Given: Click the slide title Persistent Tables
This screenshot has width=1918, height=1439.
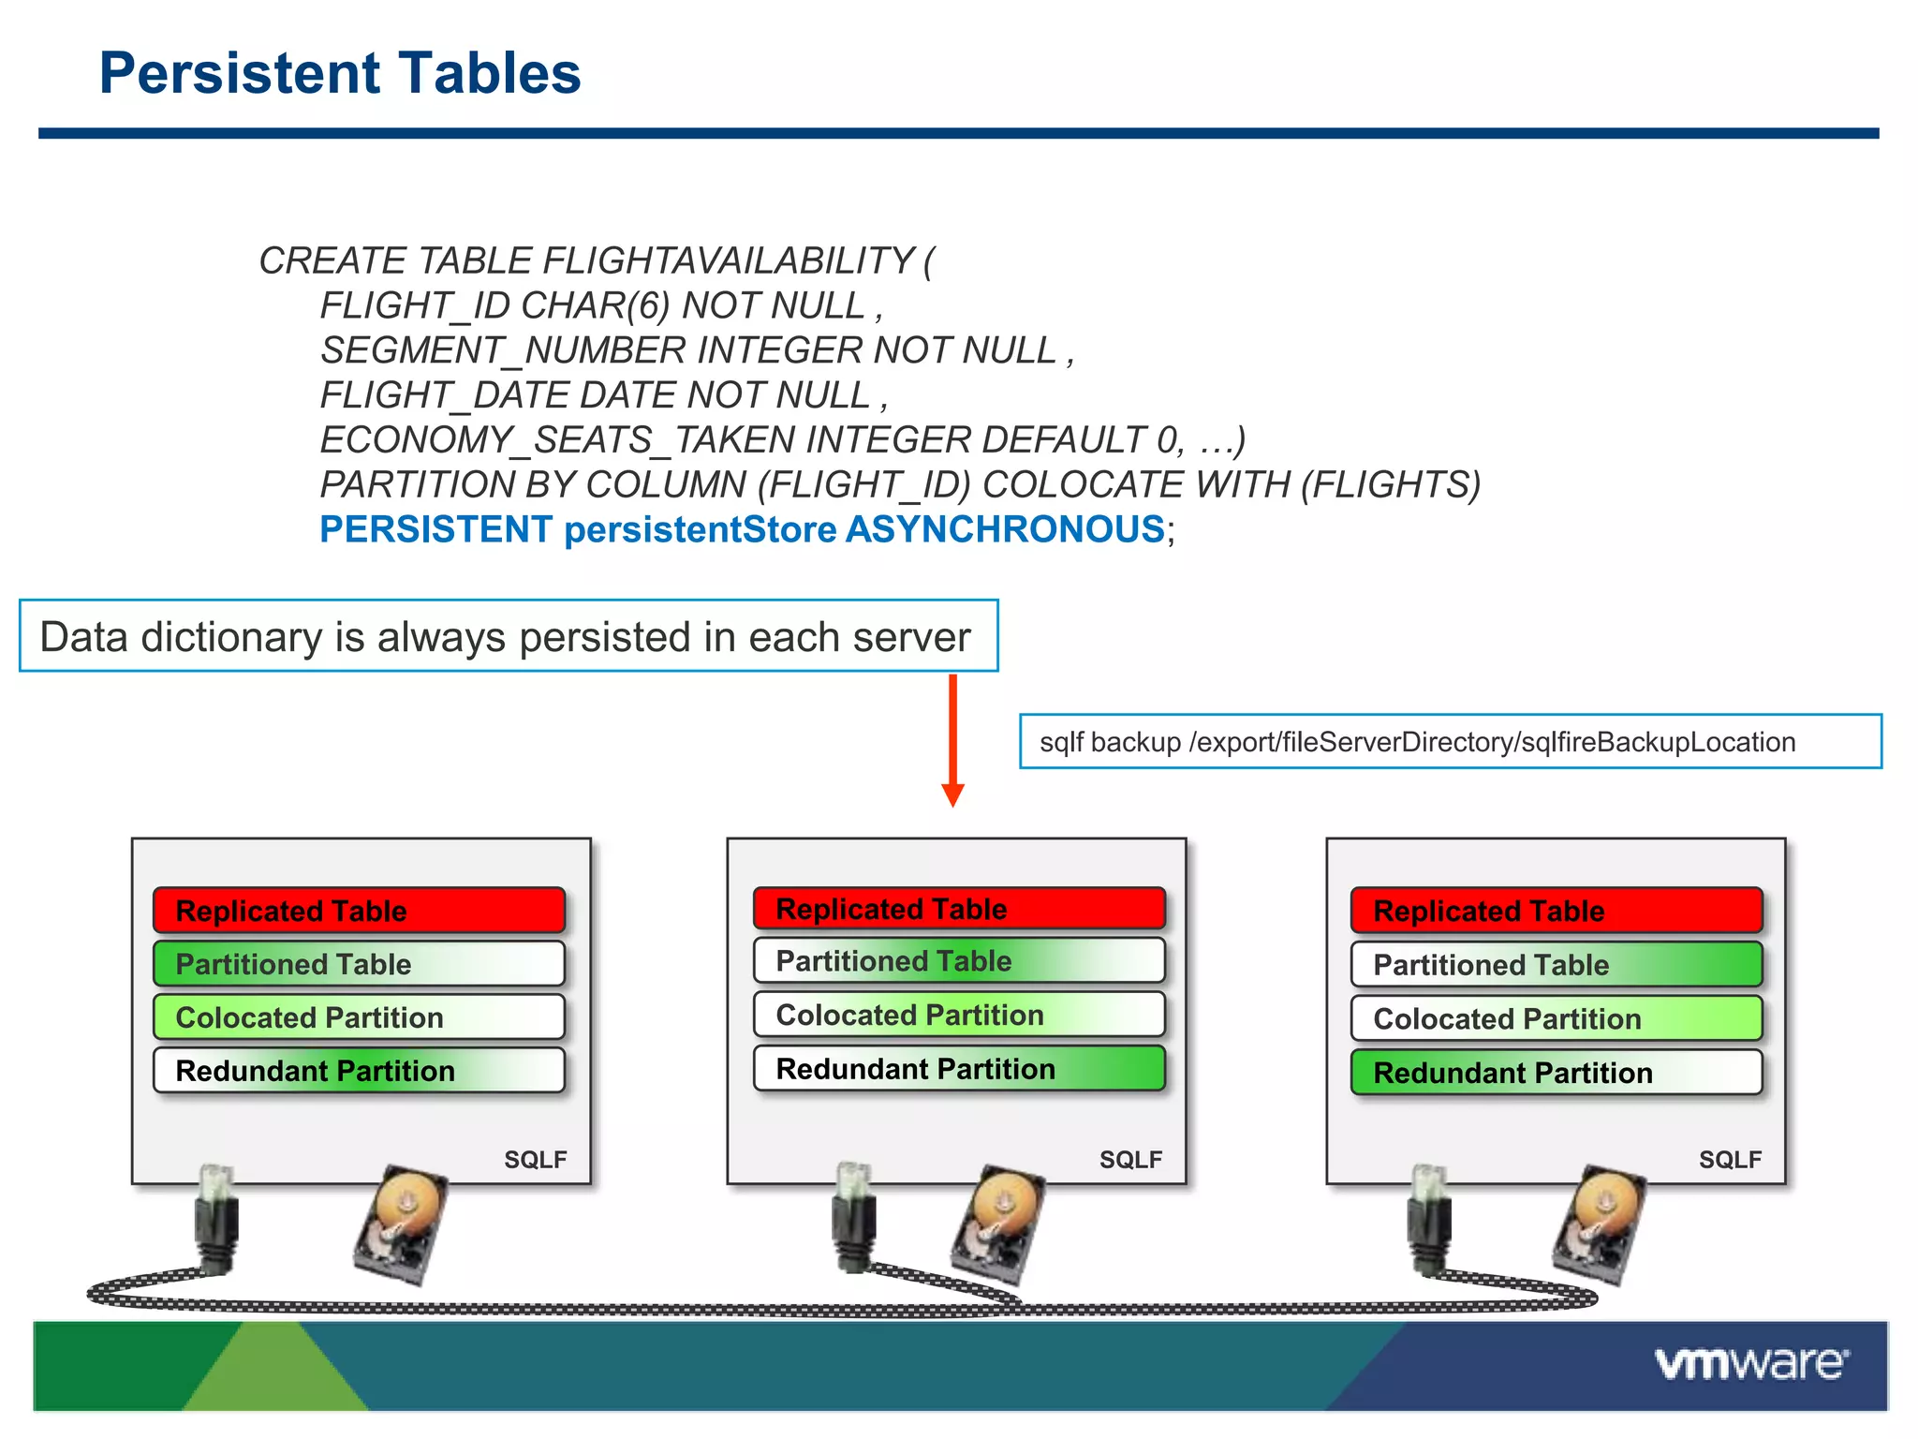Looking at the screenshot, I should tap(339, 73).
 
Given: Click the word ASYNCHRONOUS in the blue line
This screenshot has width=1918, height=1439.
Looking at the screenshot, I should tap(1004, 530).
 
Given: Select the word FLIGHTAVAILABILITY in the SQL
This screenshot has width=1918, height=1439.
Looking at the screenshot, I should tap(728, 260).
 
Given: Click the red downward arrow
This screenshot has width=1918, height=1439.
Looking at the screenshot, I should tap(952, 740).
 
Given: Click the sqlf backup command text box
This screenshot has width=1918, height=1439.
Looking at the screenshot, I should tap(1450, 742).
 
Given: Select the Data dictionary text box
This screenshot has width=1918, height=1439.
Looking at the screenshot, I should tap(508, 637).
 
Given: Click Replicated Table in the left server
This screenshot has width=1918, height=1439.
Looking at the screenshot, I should tap(359, 911).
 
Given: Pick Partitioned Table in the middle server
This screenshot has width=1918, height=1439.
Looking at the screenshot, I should tap(958, 961).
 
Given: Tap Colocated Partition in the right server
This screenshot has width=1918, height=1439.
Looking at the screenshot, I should tap(1556, 1018).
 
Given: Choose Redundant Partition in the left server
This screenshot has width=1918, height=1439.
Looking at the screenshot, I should tap(359, 1071).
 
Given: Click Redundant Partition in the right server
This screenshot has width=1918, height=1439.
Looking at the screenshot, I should tap(1556, 1073).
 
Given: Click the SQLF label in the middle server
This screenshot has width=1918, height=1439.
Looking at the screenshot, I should tap(1130, 1160).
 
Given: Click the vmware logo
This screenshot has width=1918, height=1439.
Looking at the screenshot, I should tap(1750, 1364).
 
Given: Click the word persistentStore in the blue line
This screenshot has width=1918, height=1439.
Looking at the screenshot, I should tap(700, 530).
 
